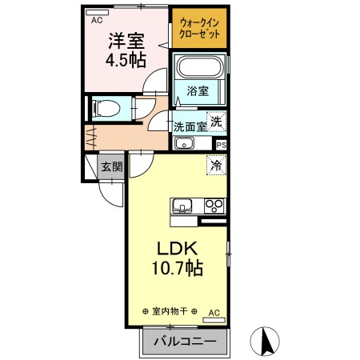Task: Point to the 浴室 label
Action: [x=198, y=91]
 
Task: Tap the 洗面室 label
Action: [x=190, y=125]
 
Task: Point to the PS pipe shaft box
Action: [x=222, y=145]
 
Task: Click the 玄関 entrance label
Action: [x=111, y=166]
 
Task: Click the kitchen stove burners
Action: [x=214, y=205]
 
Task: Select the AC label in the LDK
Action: [x=214, y=312]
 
